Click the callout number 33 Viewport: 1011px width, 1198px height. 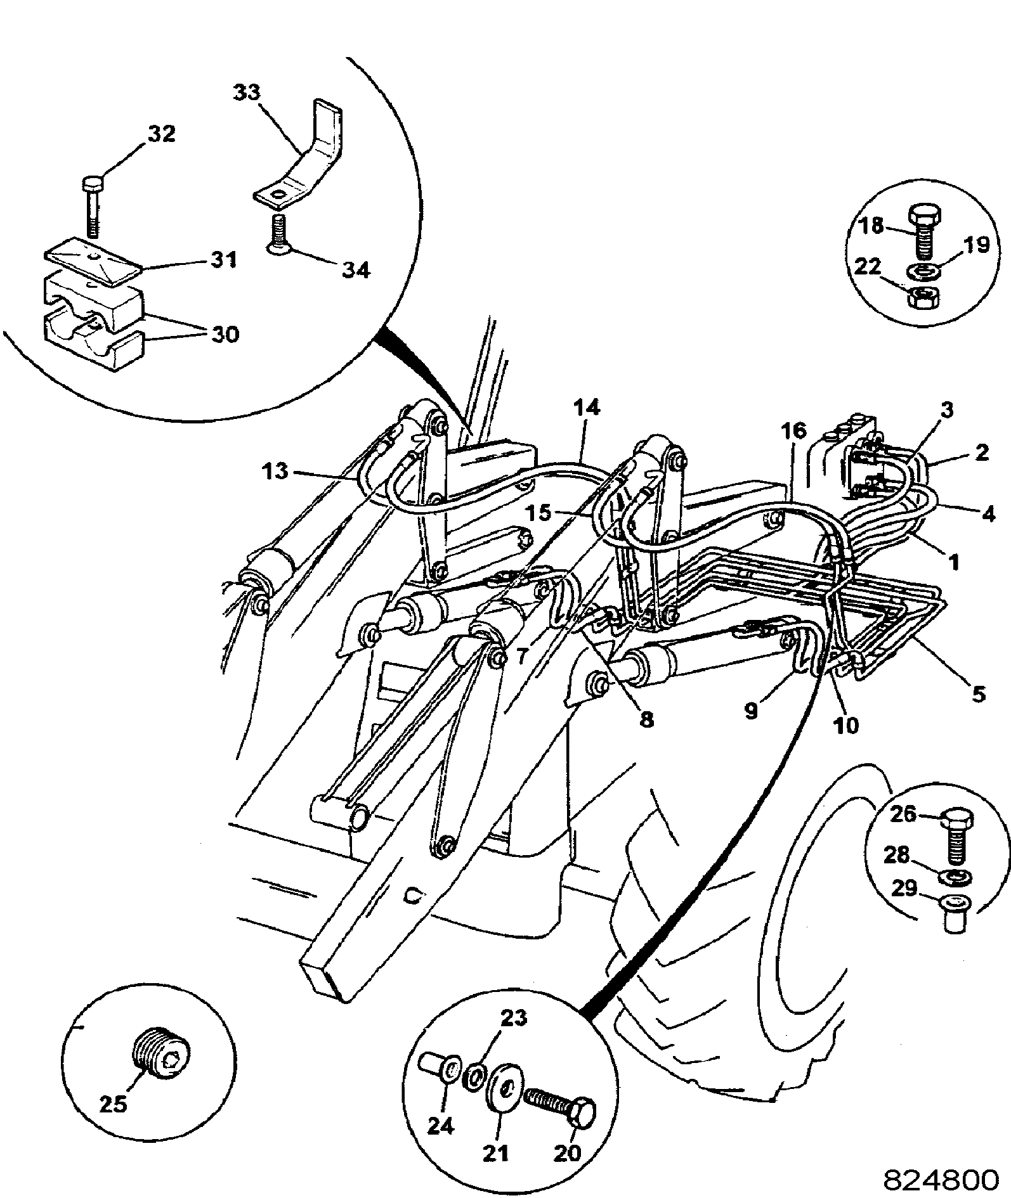(x=245, y=93)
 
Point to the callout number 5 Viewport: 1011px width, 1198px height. (x=978, y=694)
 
